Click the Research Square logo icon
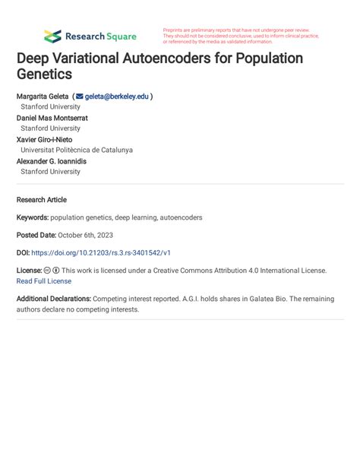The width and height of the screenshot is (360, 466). coord(52,36)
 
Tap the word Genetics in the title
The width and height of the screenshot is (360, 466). coord(44,75)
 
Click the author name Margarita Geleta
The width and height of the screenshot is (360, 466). coord(42,97)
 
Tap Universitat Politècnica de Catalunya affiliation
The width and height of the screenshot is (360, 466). coord(76,151)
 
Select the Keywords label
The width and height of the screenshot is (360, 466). coord(32,217)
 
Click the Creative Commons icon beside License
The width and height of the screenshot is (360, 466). coord(47,271)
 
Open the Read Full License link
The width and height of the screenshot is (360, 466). coord(44,281)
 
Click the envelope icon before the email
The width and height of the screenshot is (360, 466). coord(79,97)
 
